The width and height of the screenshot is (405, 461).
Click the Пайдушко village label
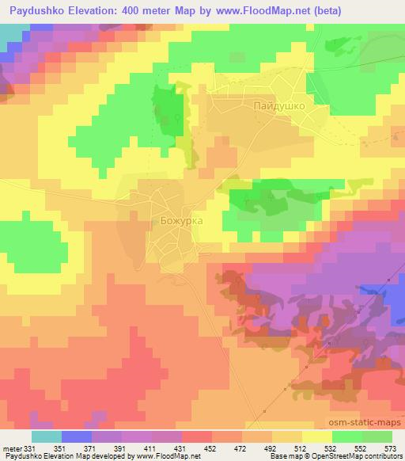coord(278,104)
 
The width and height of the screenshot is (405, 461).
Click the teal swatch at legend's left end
coord(46,436)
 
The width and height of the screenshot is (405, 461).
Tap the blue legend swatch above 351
coord(77,436)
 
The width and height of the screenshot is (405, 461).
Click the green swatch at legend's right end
coord(377,436)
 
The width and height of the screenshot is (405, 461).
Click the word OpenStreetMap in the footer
coord(331,457)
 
